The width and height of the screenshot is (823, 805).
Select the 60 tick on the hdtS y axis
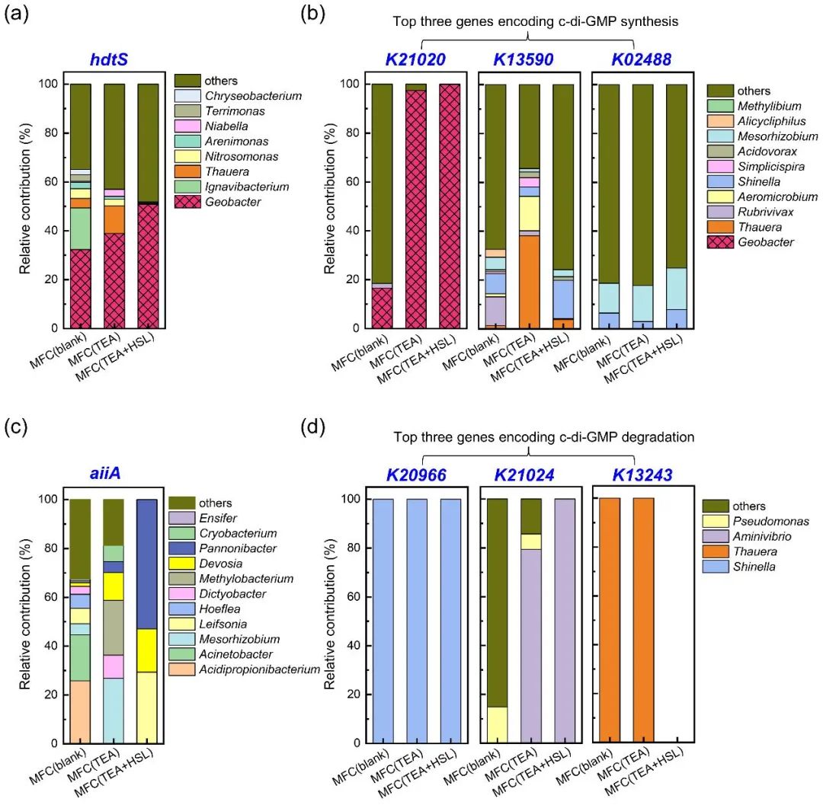[x=53, y=182]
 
